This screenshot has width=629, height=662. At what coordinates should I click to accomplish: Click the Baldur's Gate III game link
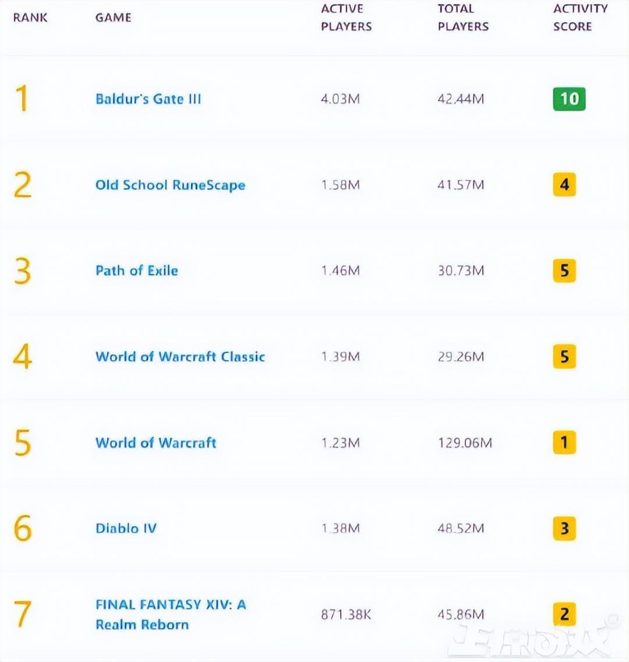click(x=148, y=99)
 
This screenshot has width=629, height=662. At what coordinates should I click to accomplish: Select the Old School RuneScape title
click(x=170, y=185)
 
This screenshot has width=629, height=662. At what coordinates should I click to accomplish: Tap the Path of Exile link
click(x=137, y=271)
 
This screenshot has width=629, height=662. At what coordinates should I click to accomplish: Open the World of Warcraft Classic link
click(x=180, y=357)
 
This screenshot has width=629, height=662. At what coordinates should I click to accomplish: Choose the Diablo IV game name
click(x=126, y=529)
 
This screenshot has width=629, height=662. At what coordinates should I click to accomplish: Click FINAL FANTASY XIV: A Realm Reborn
click(x=171, y=614)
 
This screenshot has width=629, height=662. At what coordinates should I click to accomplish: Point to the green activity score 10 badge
click(x=569, y=99)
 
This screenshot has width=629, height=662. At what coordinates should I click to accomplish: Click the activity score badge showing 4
click(x=564, y=185)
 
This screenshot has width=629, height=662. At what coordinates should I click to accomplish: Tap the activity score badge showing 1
click(x=564, y=443)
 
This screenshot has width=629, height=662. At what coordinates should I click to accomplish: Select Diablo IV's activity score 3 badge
click(x=564, y=529)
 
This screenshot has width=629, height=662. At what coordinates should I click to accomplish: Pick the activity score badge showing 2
click(x=564, y=614)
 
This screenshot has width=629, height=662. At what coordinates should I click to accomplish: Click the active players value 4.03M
click(x=340, y=99)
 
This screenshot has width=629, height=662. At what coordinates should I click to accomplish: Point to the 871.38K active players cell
click(x=346, y=615)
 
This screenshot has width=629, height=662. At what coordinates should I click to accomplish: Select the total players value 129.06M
click(x=465, y=443)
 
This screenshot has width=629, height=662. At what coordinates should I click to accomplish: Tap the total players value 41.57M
click(x=461, y=185)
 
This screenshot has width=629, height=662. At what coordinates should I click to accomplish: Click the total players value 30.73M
click(x=461, y=271)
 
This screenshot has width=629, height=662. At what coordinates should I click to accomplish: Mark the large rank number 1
click(x=22, y=98)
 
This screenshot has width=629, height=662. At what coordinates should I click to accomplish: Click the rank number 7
click(x=22, y=614)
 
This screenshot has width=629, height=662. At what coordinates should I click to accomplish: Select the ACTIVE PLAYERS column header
click(x=346, y=17)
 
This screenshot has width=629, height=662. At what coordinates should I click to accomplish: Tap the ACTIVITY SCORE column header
click(x=579, y=17)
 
